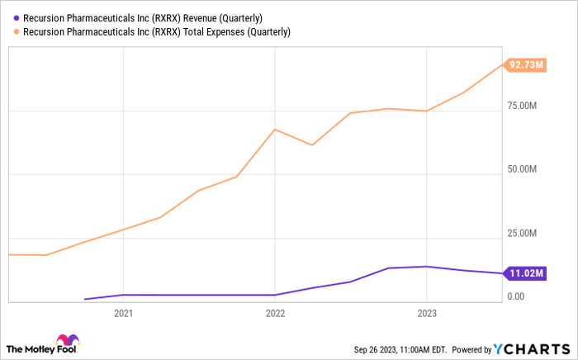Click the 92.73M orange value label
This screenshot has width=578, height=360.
[x=525, y=64]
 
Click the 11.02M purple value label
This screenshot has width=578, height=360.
[x=525, y=273]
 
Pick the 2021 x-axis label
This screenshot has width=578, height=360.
[x=123, y=314]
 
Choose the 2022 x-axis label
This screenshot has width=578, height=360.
[x=275, y=314]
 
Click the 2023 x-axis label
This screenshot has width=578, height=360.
[x=426, y=314]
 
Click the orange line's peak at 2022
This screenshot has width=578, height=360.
[x=275, y=130]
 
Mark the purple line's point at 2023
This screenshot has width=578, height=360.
[x=426, y=267]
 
